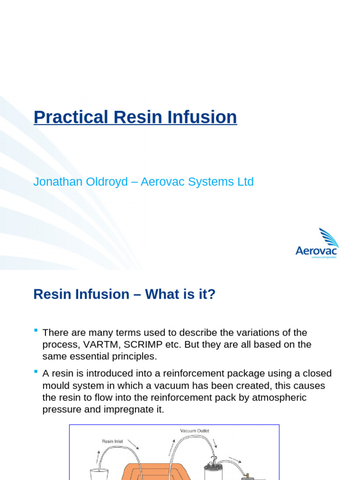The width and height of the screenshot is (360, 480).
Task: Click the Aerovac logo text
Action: [x=316, y=251]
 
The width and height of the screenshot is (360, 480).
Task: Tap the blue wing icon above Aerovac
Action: [x=329, y=237]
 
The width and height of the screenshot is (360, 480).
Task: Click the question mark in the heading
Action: [x=211, y=294]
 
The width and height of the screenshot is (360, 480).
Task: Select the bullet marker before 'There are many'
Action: [x=36, y=331]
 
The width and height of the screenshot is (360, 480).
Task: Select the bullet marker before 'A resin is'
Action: [x=36, y=372]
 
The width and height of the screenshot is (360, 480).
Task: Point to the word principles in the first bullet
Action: [x=133, y=356]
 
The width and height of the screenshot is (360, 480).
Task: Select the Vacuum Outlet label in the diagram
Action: [x=195, y=430]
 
